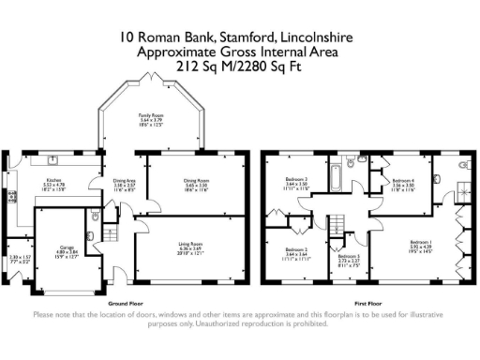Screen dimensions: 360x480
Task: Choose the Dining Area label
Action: point(124,184)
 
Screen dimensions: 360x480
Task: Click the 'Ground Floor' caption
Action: point(125,304)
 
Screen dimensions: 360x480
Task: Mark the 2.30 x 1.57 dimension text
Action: point(20,258)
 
